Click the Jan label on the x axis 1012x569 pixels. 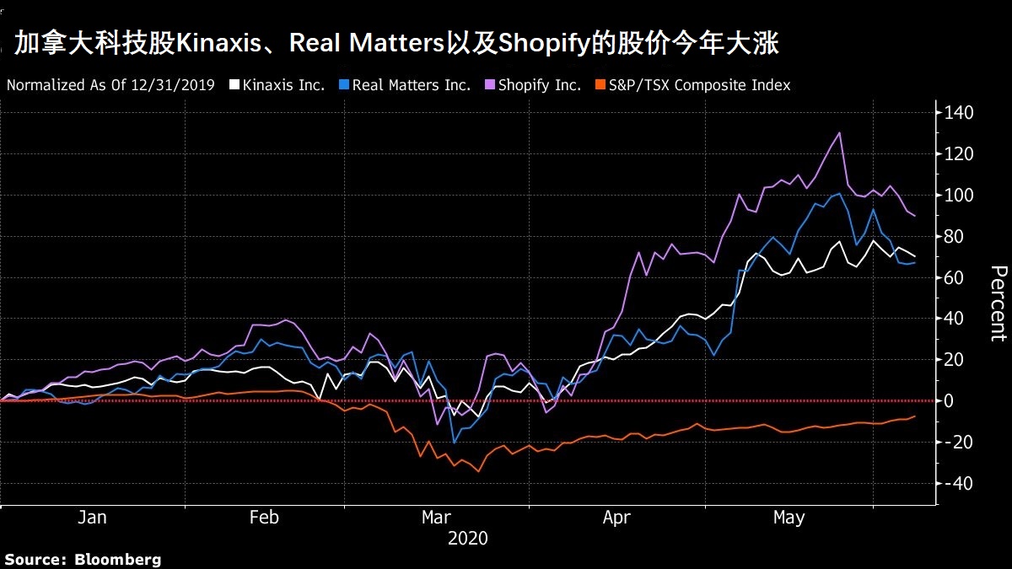92,517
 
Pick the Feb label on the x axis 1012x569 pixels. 265,517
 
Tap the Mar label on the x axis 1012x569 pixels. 437,517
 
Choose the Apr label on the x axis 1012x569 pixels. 616,517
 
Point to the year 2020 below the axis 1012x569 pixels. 467,538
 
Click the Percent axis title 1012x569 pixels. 998,303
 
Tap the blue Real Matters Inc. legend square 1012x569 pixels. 343,85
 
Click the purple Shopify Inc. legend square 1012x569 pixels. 489,85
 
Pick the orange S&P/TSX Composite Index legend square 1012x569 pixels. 600,85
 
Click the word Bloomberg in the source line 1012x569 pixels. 117,559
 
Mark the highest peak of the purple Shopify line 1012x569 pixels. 839,133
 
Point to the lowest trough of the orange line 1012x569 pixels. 478,471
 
